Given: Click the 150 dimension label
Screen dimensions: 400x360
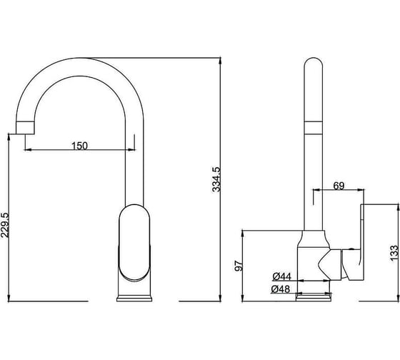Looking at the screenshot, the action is pos(79,146).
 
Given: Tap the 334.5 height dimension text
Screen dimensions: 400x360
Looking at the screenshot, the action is pos(216,179).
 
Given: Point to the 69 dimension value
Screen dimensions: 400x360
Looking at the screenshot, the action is pos(339,186).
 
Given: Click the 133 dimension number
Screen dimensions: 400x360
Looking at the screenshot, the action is pos(394,253).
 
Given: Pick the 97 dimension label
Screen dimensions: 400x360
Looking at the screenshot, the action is pos(239,266).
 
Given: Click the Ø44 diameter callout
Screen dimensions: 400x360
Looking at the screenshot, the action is pos(281,276).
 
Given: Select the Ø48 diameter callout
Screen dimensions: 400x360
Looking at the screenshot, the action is pos(281,289).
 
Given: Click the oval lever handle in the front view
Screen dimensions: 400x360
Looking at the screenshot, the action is pos(134,243).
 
